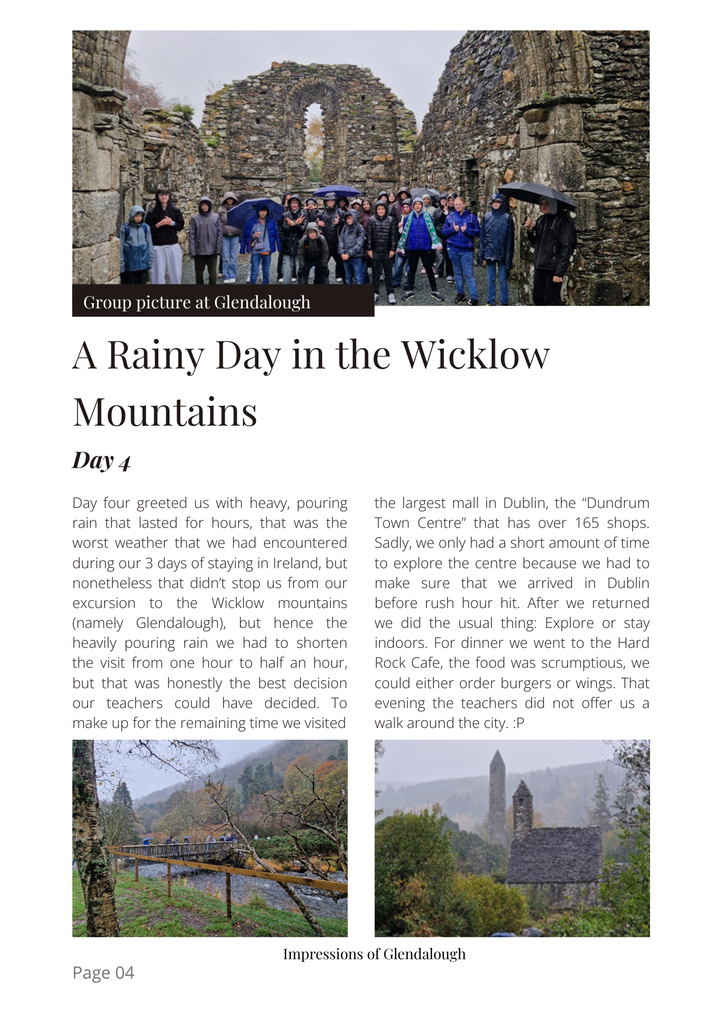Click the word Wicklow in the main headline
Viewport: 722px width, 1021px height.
point(476,355)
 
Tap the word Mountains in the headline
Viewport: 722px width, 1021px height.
point(165,412)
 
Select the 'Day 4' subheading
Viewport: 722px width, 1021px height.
point(102,460)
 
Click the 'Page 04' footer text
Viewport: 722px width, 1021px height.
point(103,973)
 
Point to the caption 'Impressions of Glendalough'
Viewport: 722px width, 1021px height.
point(374,954)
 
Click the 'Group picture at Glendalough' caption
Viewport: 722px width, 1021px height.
point(197,302)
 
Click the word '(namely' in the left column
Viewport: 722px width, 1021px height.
point(98,623)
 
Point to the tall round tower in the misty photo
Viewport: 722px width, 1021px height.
point(497,796)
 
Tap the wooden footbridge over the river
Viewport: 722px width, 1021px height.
point(174,850)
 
